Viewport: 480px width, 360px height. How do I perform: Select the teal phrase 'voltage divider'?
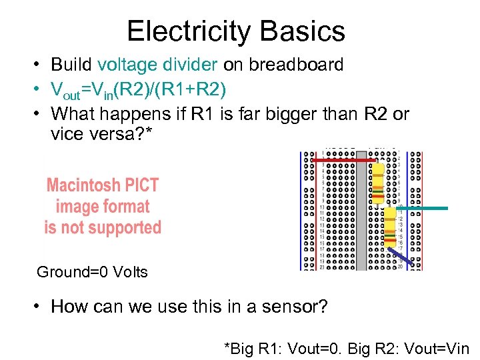click(x=157, y=65)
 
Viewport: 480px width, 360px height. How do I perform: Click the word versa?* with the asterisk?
click(x=122, y=134)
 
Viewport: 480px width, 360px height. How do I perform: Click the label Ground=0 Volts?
click(x=92, y=272)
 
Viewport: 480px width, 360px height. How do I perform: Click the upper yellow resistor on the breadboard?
click(x=378, y=182)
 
